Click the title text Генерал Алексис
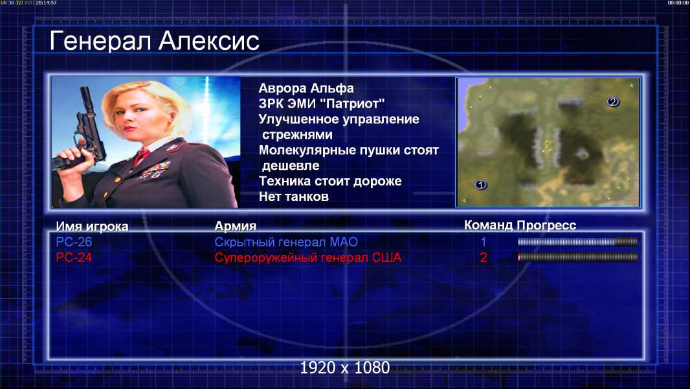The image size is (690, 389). click(x=154, y=41)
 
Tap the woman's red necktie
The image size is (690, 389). click(x=141, y=156)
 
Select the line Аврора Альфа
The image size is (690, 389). click(x=306, y=88)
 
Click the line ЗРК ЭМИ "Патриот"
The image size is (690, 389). click(x=322, y=104)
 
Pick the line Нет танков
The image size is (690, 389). click(x=293, y=196)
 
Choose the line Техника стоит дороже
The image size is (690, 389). click(x=330, y=181)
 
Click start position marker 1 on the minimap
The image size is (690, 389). click(x=480, y=185)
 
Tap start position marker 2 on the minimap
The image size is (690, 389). click(x=612, y=102)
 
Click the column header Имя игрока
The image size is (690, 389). click(x=92, y=226)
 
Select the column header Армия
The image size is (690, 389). click(x=235, y=226)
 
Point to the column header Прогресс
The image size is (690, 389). click(x=546, y=225)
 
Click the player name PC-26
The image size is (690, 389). click(x=74, y=242)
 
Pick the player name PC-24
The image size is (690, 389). click(x=74, y=257)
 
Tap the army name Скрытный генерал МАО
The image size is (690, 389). click(x=286, y=242)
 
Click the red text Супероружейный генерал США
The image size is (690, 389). click(x=308, y=257)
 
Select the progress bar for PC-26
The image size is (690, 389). click(x=577, y=241)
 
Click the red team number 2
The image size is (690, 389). click(x=483, y=257)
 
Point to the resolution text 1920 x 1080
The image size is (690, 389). click(x=345, y=368)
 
